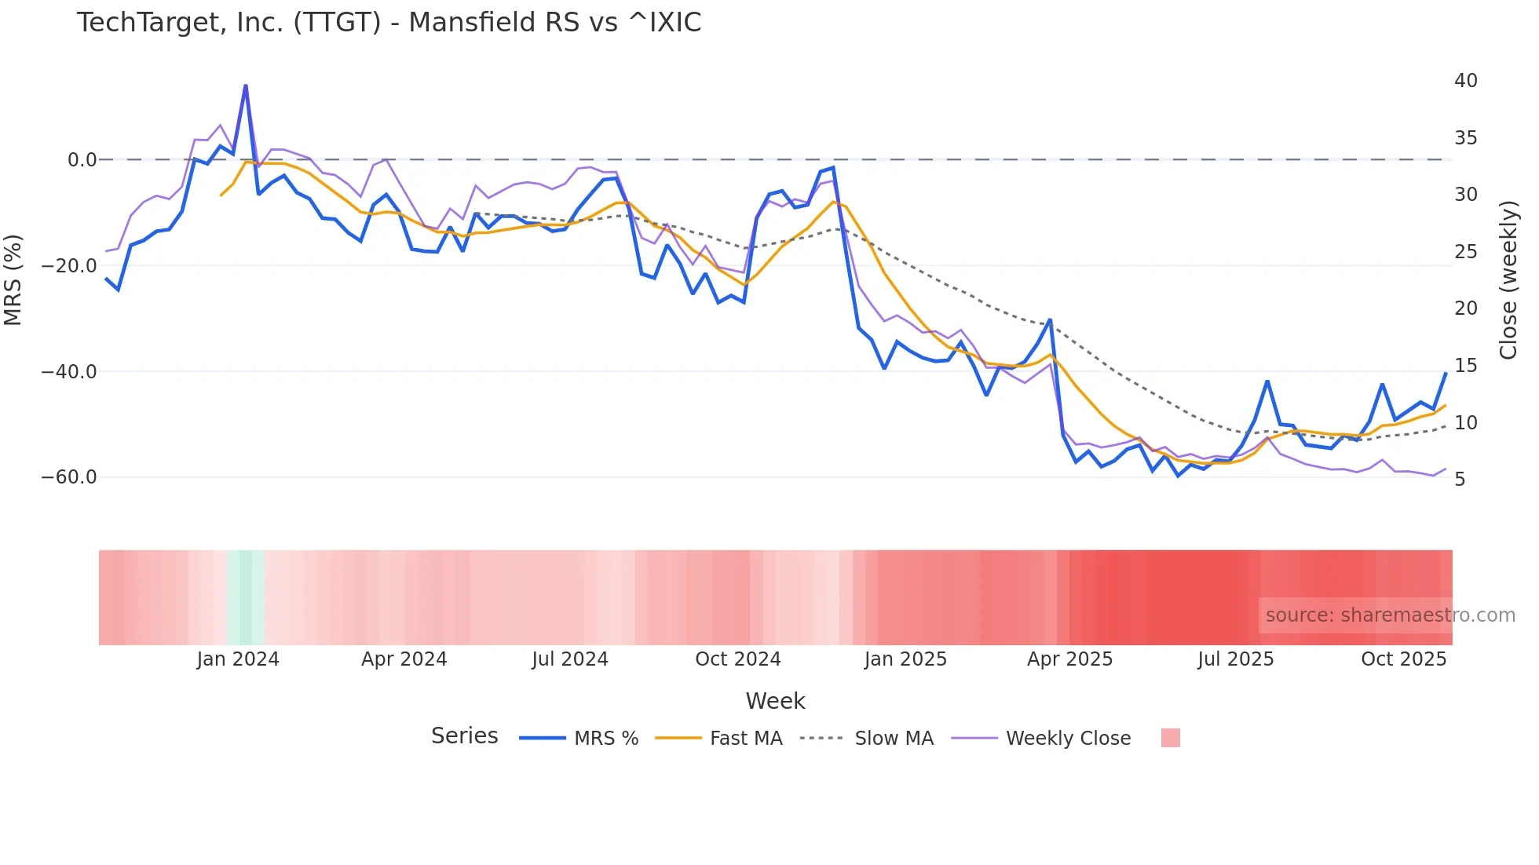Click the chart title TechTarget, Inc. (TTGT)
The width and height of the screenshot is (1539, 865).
pyautogui.click(x=389, y=23)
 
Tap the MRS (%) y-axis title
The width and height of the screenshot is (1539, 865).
pyautogui.click(x=13, y=279)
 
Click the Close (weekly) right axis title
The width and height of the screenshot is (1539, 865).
pyautogui.click(x=1508, y=279)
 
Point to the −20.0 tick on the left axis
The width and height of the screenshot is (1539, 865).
pyautogui.click(x=69, y=266)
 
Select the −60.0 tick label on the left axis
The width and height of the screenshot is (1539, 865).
pyautogui.click(x=69, y=477)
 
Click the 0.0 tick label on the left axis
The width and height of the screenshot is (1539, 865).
pyautogui.click(x=82, y=160)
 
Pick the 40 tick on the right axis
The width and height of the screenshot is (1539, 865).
pyautogui.click(x=1465, y=81)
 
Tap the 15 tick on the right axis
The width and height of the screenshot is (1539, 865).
pyautogui.click(x=1465, y=366)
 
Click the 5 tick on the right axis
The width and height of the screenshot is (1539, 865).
pyautogui.click(x=1460, y=480)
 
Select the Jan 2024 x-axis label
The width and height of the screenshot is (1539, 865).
pyautogui.click(x=238, y=659)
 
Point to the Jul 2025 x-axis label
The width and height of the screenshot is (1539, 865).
pyautogui.click(x=1235, y=659)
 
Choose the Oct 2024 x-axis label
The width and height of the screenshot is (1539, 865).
pyautogui.click(x=737, y=659)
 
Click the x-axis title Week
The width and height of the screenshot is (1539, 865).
pyautogui.click(x=775, y=701)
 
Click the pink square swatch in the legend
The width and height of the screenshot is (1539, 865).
pyautogui.click(x=1170, y=739)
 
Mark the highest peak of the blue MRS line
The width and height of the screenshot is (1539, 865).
pyautogui.click(x=246, y=86)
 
